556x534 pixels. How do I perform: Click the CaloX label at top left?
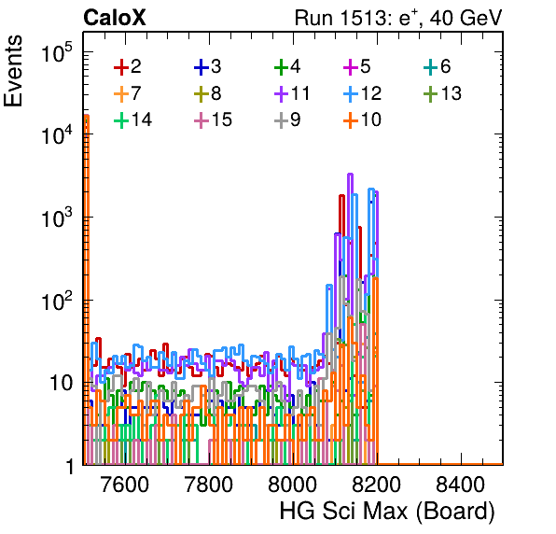(x=114, y=18)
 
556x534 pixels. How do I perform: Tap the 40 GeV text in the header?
(x=466, y=18)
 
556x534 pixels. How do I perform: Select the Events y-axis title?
(x=13, y=71)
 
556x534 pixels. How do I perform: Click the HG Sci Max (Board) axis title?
(x=387, y=512)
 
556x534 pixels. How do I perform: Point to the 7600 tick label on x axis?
(x=125, y=485)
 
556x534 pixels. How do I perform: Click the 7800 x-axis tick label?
(x=209, y=485)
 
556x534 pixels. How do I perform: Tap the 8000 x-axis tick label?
(x=293, y=485)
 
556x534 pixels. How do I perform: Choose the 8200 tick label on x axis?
(x=377, y=485)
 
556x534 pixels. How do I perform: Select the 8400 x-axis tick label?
(x=460, y=485)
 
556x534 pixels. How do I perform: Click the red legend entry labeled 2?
(x=128, y=66)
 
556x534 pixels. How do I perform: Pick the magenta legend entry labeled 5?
(x=357, y=66)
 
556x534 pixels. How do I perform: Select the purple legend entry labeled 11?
(x=293, y=93)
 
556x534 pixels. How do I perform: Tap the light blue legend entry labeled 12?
(x=362, y=93)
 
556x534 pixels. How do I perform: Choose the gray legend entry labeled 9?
(x=288, y=119)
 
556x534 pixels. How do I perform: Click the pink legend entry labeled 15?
(x=213, y=119)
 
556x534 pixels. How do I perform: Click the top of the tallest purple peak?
(x=351, y=175)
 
